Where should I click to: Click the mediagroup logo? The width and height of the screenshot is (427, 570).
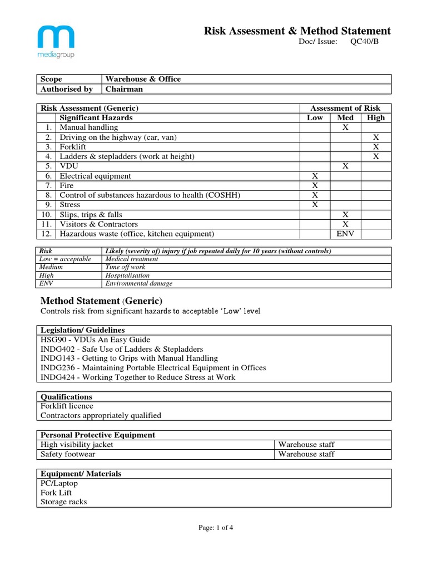[x=56, y=42]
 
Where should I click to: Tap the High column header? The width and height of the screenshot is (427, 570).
[x=376, y=117]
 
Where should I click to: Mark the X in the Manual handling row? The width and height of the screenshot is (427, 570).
[x=345, y=127]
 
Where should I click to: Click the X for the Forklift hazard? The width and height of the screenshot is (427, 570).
[x=376, y=147]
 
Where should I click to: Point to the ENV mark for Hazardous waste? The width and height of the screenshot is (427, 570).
[x=345, y=234]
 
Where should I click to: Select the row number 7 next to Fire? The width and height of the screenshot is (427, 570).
[x=49, y=185]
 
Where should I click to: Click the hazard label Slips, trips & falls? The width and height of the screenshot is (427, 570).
[x=91, y=214]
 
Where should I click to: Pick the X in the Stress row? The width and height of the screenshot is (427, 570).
[x=315, y=205]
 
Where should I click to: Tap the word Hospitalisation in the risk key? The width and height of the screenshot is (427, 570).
[x=127, y=275]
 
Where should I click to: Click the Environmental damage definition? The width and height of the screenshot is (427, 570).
[x=138, y=283]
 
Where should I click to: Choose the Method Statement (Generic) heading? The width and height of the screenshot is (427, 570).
[x=101, y=301]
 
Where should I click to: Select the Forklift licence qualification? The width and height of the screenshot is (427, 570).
[x=67, y=406]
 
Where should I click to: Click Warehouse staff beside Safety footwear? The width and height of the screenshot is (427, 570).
[x=306, y=454]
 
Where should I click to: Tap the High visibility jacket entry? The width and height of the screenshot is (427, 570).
[x=77, y=445]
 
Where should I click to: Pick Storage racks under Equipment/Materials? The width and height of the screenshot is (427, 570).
[x=63, y=502]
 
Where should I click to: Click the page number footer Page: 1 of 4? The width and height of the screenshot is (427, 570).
[x=216, y=528]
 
